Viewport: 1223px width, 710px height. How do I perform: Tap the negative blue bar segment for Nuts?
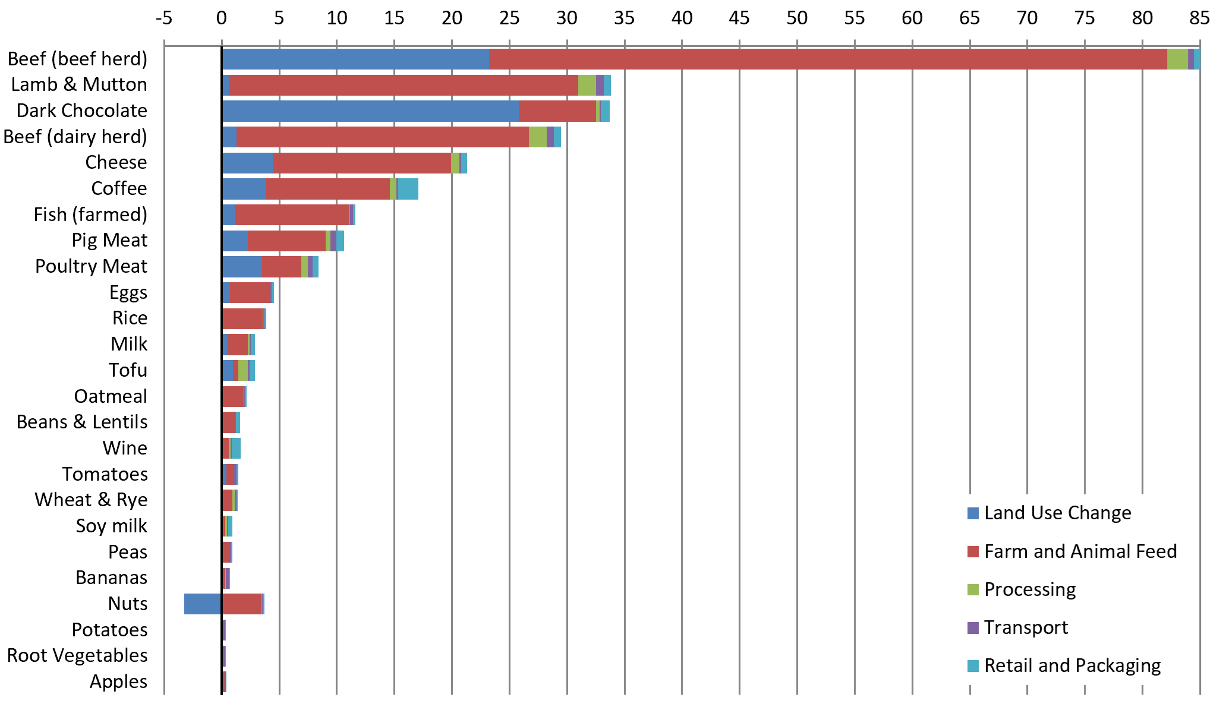203,604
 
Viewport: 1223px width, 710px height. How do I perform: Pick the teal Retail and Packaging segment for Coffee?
408,189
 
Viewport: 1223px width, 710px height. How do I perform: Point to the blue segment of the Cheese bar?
247,163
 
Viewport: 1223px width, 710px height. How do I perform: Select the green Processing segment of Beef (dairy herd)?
537,137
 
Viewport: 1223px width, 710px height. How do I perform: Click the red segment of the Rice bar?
242,318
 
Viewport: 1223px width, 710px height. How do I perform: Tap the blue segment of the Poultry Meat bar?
242,267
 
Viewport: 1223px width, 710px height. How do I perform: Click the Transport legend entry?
1026,627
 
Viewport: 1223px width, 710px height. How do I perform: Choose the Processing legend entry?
1029,589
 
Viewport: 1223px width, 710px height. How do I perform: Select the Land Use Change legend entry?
1057,513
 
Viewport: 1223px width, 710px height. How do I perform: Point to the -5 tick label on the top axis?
164,18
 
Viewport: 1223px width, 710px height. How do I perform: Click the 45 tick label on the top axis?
739,18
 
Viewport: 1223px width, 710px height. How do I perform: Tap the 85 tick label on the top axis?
1199,18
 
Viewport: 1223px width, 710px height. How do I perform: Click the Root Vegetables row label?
77,655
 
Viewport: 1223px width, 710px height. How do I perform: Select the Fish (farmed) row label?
90,214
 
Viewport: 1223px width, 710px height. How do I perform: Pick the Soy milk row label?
111,526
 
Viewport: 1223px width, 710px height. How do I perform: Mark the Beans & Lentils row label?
82,422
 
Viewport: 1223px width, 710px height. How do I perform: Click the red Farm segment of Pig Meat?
286,241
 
